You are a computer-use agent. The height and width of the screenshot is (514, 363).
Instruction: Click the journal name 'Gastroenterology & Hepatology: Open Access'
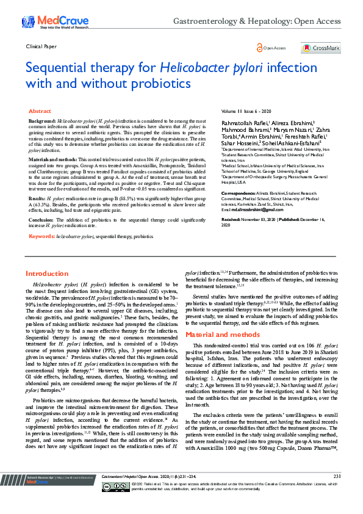256,21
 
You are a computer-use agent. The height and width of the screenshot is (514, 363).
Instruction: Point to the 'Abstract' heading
40,112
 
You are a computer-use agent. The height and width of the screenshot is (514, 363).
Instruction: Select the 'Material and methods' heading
222,335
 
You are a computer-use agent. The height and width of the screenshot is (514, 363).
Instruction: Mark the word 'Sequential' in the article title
62,67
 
